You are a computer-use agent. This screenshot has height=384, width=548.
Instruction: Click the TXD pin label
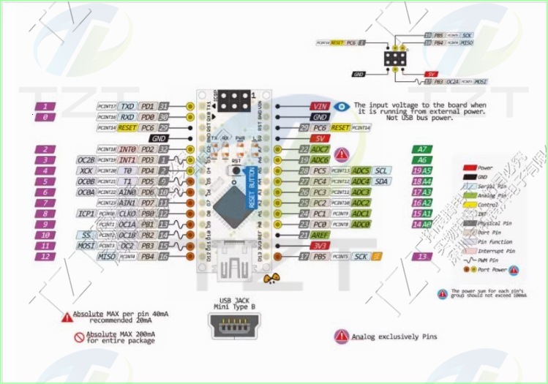tap(128, 106)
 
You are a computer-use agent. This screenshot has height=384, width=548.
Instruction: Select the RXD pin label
tap(128, 116)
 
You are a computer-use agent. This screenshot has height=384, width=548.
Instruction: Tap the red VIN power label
tap(319, 106)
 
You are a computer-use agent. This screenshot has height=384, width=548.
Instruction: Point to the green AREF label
tap(320, 236)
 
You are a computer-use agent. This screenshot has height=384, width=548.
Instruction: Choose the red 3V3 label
tap(319, 246)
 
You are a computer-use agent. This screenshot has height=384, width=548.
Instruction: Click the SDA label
tap(381, 181)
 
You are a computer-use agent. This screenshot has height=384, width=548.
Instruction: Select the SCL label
tap(381, 170)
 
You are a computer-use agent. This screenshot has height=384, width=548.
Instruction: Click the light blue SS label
tap(86, 235)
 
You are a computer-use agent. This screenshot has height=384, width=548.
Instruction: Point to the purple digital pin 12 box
tap(45, 257)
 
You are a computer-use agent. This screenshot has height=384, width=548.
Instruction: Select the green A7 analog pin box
tap(421, 149)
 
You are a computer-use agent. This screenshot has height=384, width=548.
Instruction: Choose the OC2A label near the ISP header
tap(452, 81)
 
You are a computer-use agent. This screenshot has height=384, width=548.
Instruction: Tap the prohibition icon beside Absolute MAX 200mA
tap(79, 337)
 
